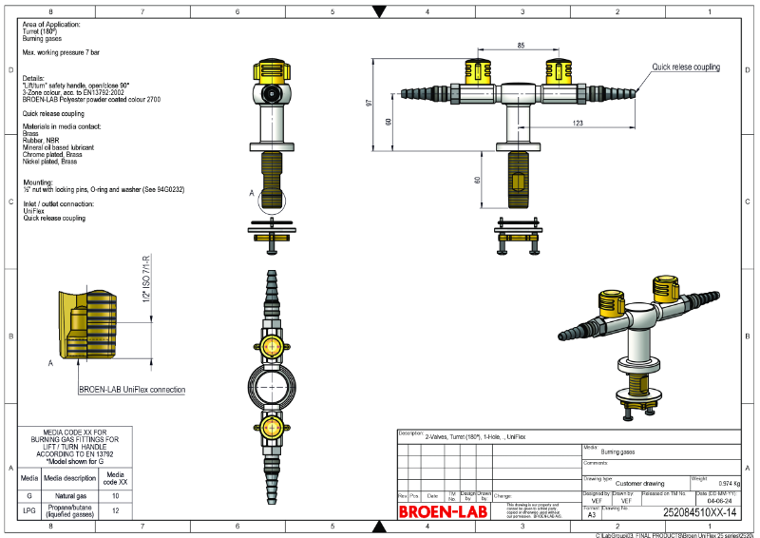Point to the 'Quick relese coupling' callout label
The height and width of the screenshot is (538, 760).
coord(685,67)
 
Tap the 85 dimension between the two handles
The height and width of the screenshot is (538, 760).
coord(522,46)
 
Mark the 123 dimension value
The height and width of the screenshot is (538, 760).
coord(578,124)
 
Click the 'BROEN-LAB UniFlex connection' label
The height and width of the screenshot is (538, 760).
coord(132,390)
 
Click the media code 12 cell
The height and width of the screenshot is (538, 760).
coord(115,510)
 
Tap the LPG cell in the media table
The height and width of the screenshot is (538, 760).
coord(29,510)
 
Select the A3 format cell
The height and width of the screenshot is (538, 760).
coord(593,513)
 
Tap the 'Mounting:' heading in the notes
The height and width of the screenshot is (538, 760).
coord(38,181)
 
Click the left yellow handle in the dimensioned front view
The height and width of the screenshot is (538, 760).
coord(477,72)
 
